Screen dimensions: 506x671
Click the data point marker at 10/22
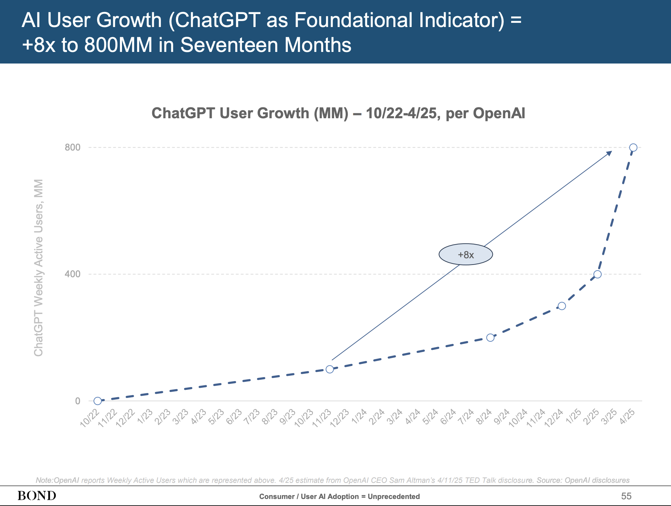97,401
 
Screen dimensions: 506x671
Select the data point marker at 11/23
330,369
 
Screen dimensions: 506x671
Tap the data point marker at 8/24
490,338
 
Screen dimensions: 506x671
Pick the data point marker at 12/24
562,306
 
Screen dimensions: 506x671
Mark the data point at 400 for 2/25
597,274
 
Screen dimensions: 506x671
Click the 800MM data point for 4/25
633,147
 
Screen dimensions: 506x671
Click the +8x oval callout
466,254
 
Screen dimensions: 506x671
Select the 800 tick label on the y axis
73,147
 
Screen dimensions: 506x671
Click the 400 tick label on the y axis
73,274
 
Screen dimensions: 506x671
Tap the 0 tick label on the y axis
77,401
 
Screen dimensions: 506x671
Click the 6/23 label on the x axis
234,417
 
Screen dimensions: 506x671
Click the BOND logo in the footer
37,496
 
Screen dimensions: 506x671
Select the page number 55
626,496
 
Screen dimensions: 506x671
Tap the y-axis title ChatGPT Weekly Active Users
39,267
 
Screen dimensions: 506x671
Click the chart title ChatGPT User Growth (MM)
338,113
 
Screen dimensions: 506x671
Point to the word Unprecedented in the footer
394,497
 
